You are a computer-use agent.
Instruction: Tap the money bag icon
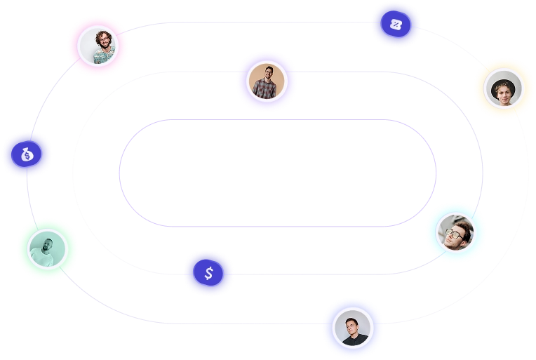(x=27, y=154)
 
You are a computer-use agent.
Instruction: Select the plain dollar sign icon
(x=209, y=274)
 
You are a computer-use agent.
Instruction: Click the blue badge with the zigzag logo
(x=396, y=26)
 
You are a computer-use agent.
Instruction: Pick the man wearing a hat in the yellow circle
(x=504, y=88)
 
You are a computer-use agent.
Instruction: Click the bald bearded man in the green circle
(x=48, y=248)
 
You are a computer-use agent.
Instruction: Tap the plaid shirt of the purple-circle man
(x=267, y=91)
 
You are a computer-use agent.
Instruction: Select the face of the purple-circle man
(x=267, y=73)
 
